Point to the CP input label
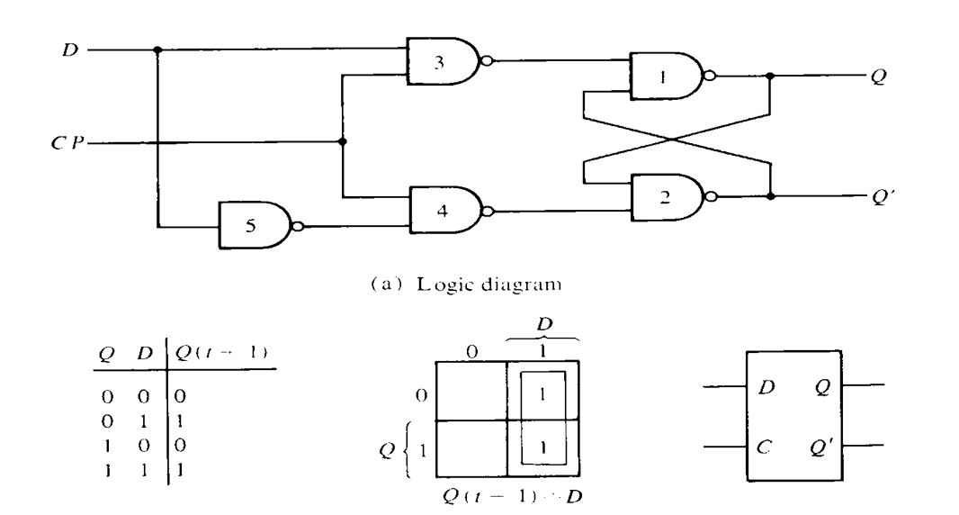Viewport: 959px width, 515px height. (70, 142)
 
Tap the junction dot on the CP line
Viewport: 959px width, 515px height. (343, 142)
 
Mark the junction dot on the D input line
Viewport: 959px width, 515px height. (158, 50)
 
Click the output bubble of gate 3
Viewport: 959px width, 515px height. (486, 61)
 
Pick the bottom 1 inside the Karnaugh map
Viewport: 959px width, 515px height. (542, 447)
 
